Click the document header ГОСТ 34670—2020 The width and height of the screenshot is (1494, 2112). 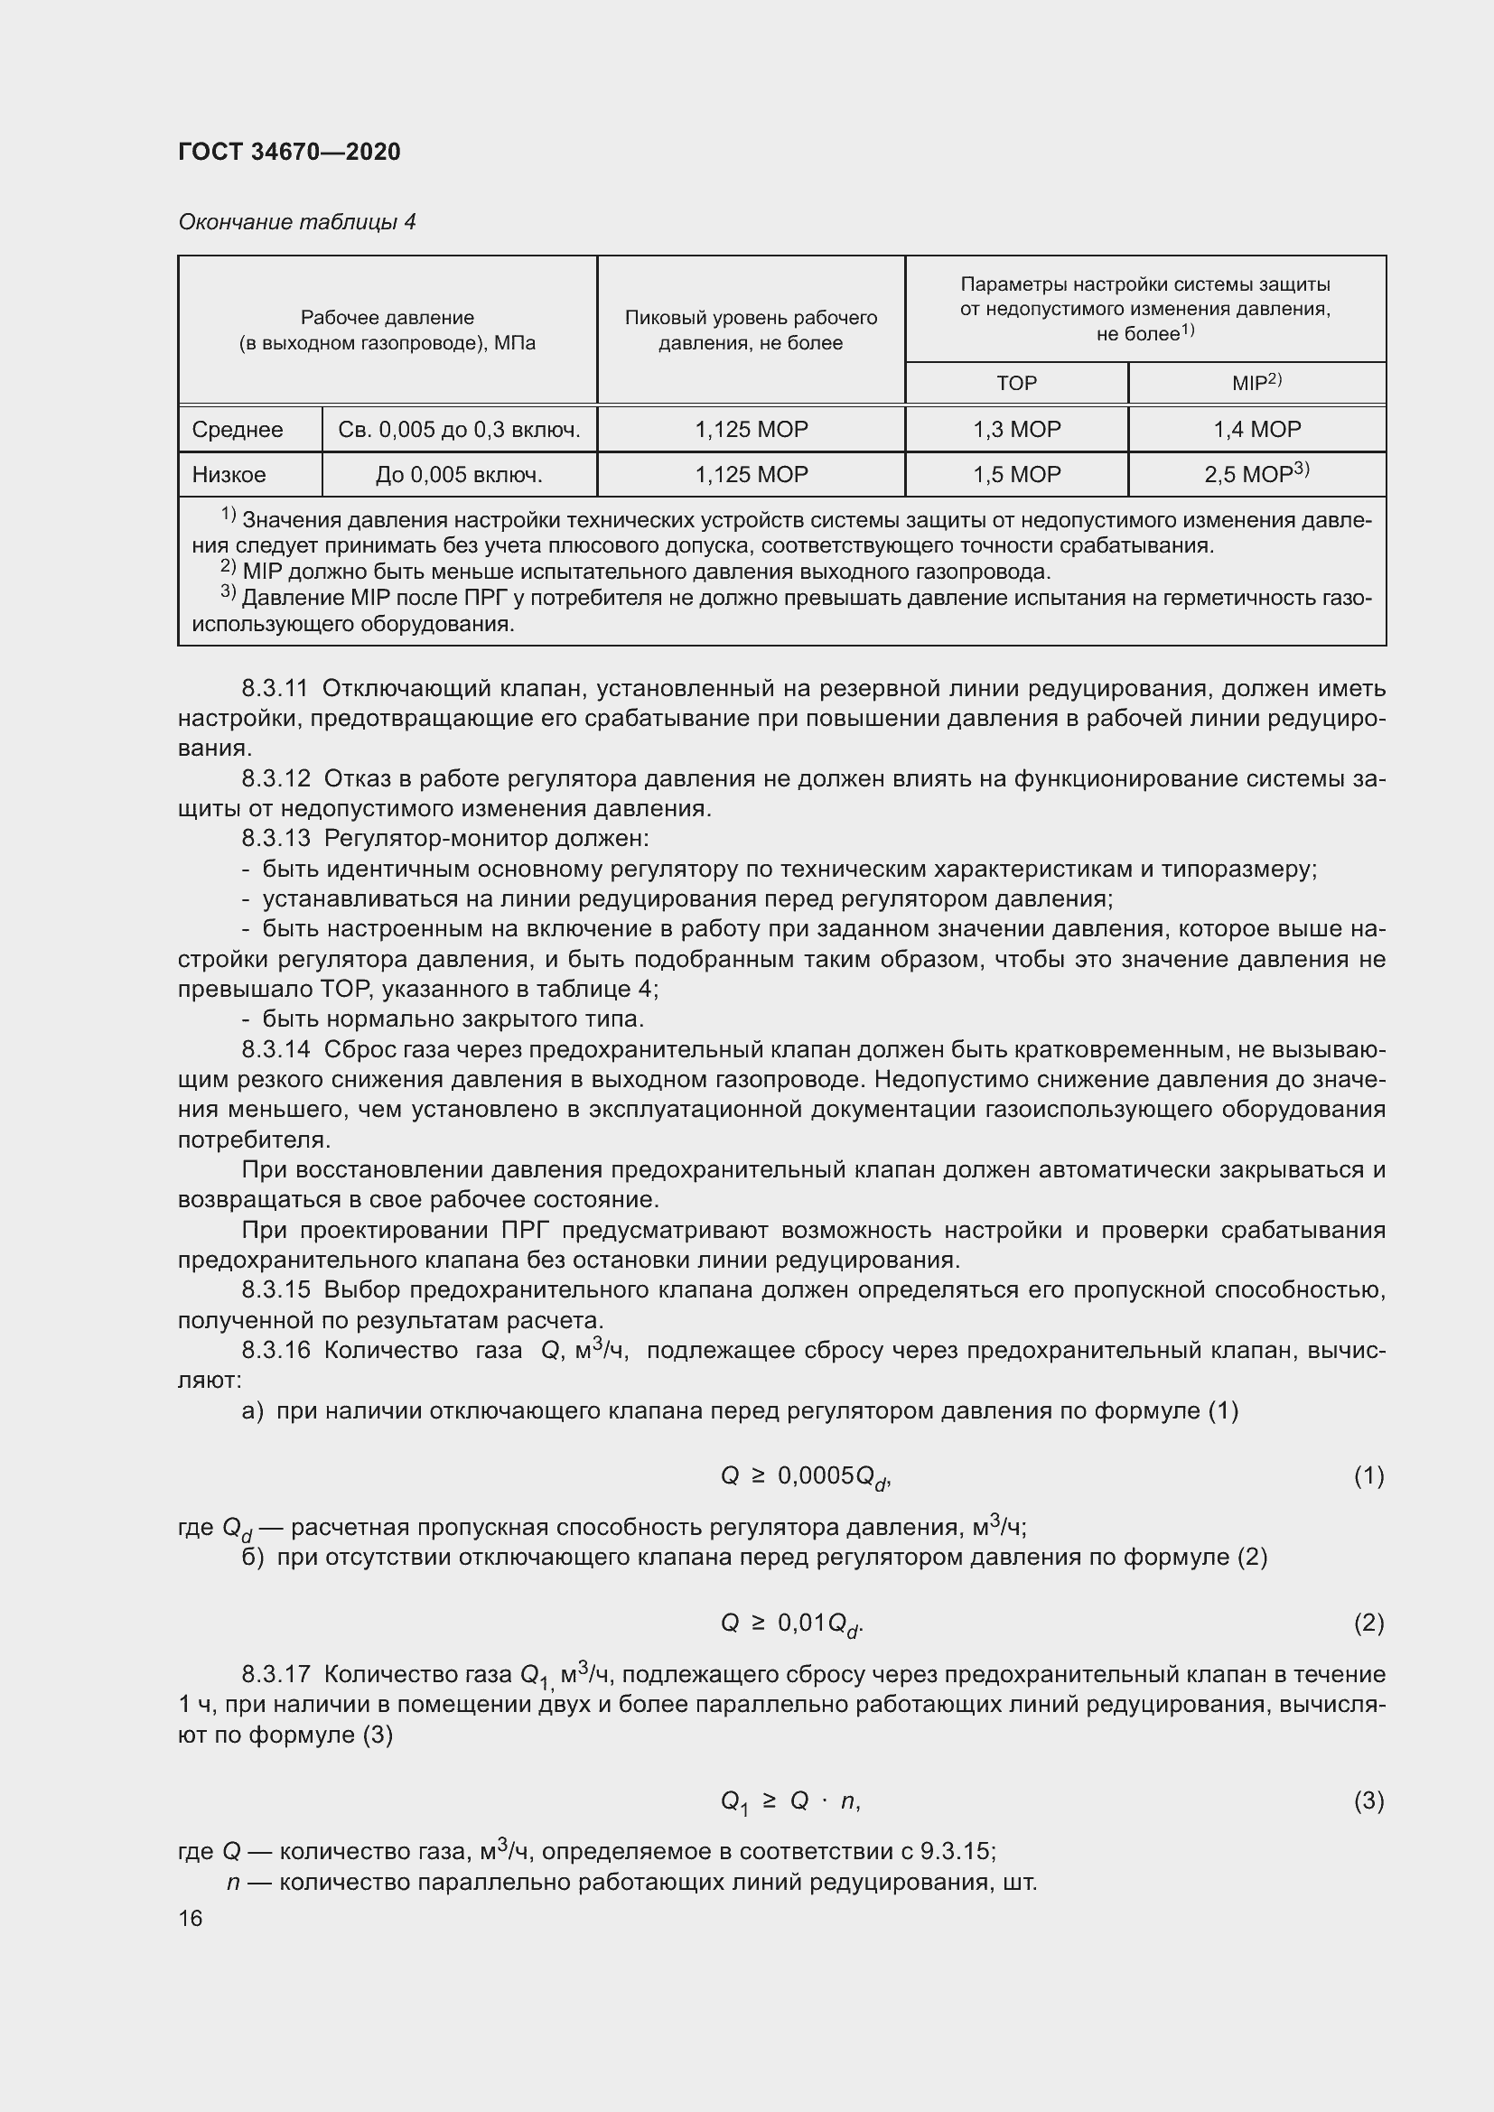coord(289,152)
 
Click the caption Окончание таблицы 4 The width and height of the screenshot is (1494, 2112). coord(296,222)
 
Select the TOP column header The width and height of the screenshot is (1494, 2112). coord(1015,383)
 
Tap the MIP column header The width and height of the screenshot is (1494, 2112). coord(1256,383)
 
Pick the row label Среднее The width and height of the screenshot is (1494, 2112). coord(238,430)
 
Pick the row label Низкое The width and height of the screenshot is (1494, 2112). coord(229,475)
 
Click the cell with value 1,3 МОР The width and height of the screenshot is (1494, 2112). coord(1015,430)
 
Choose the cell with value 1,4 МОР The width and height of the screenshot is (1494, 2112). coord(1256,430)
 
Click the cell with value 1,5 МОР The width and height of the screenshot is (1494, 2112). coord(1015,475)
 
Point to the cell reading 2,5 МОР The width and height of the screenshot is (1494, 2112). coord(1256,475)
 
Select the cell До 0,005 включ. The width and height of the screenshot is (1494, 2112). coord(458,475)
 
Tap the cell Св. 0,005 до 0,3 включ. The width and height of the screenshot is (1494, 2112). coord(458,430)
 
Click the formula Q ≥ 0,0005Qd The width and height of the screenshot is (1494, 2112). coord(806,1476)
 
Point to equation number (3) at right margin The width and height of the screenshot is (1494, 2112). coord(1368,1800)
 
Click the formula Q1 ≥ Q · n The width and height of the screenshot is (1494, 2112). coord(789,1801)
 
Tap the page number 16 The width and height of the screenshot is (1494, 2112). coord(191,1919)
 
